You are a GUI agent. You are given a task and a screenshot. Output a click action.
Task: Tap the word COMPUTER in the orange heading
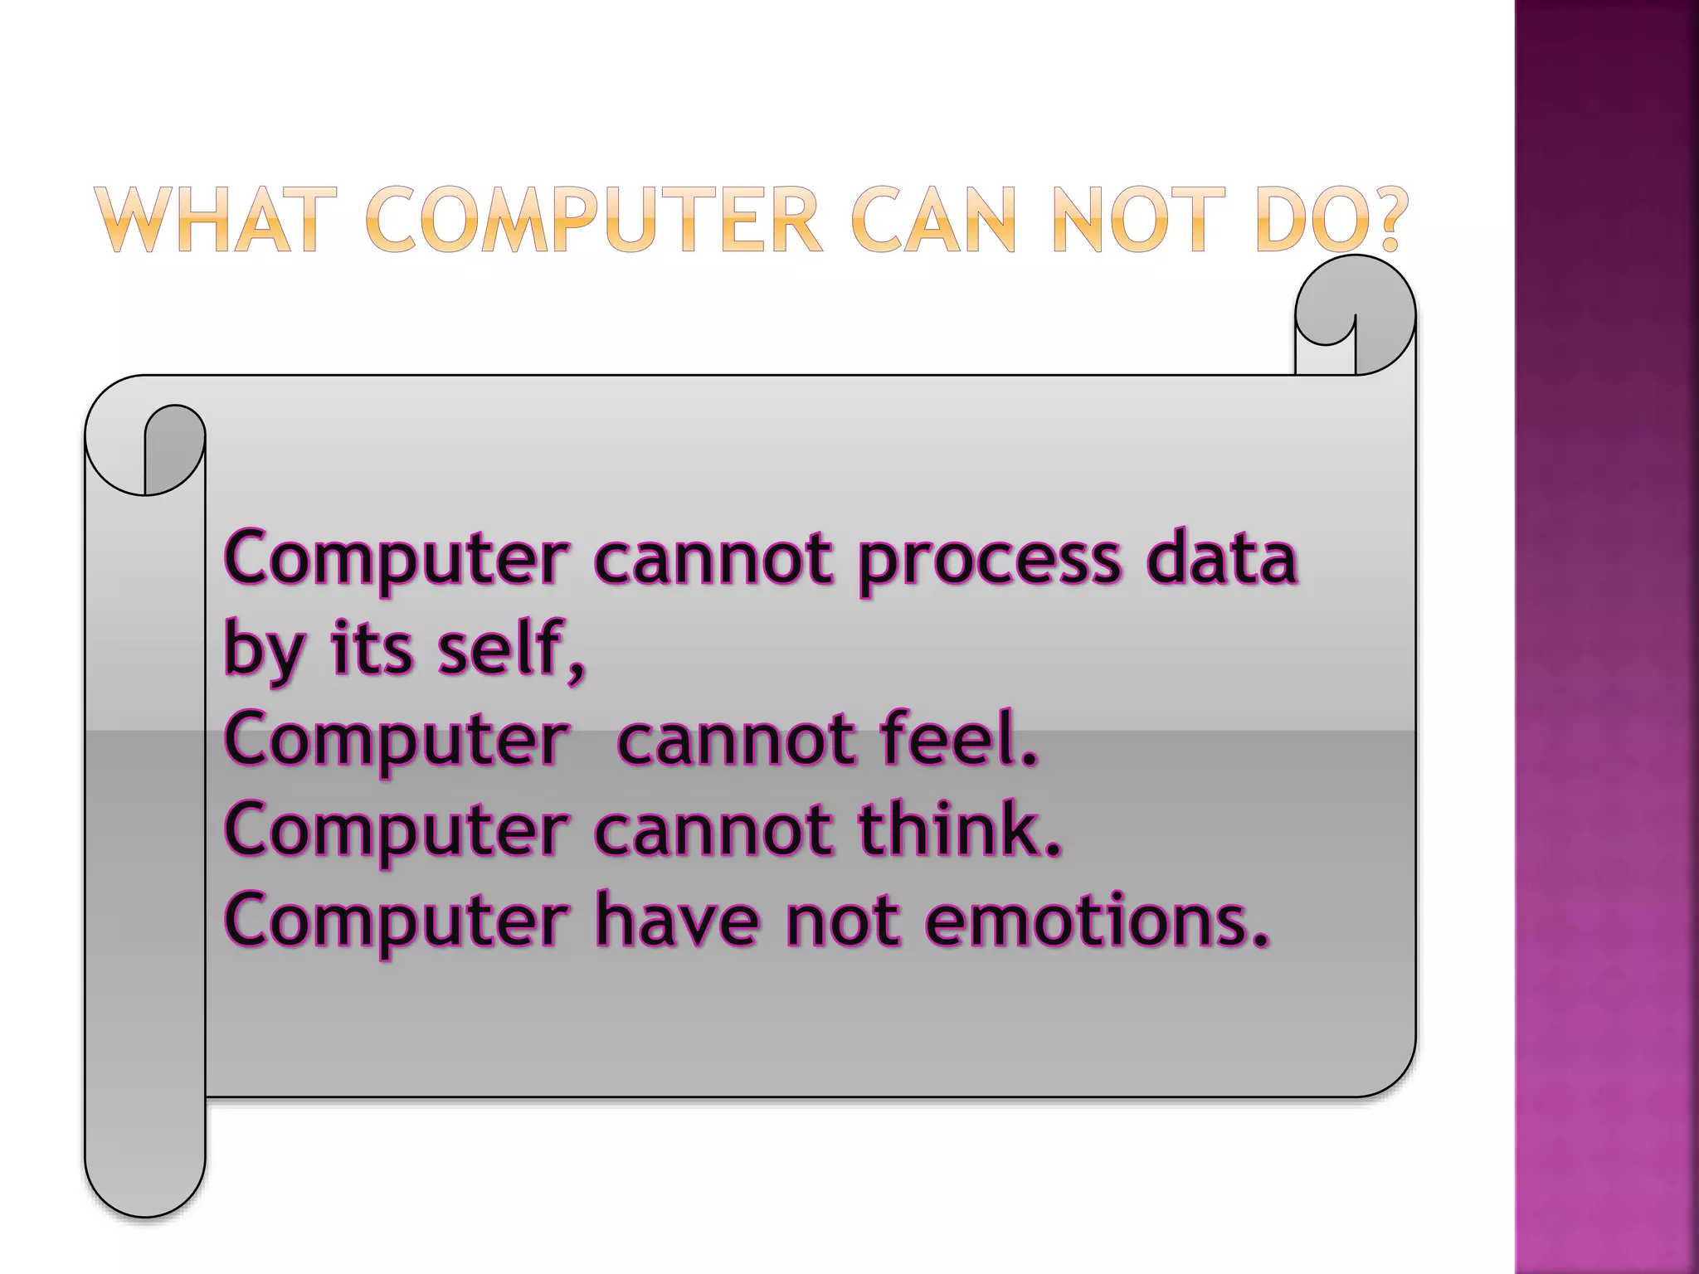pyautogui.click(x=592, y=220)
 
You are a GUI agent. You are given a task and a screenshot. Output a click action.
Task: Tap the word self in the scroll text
pyautogui.click(x=501, y=649)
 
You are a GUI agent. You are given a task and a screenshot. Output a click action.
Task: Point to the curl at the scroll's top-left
pyautogui.click(x=146, y=452)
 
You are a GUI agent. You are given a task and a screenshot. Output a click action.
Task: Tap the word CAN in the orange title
pyautogui.click(x=932, y=220)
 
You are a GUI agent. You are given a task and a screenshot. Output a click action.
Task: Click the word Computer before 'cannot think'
pyautogui.click(x=397, y=832)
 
